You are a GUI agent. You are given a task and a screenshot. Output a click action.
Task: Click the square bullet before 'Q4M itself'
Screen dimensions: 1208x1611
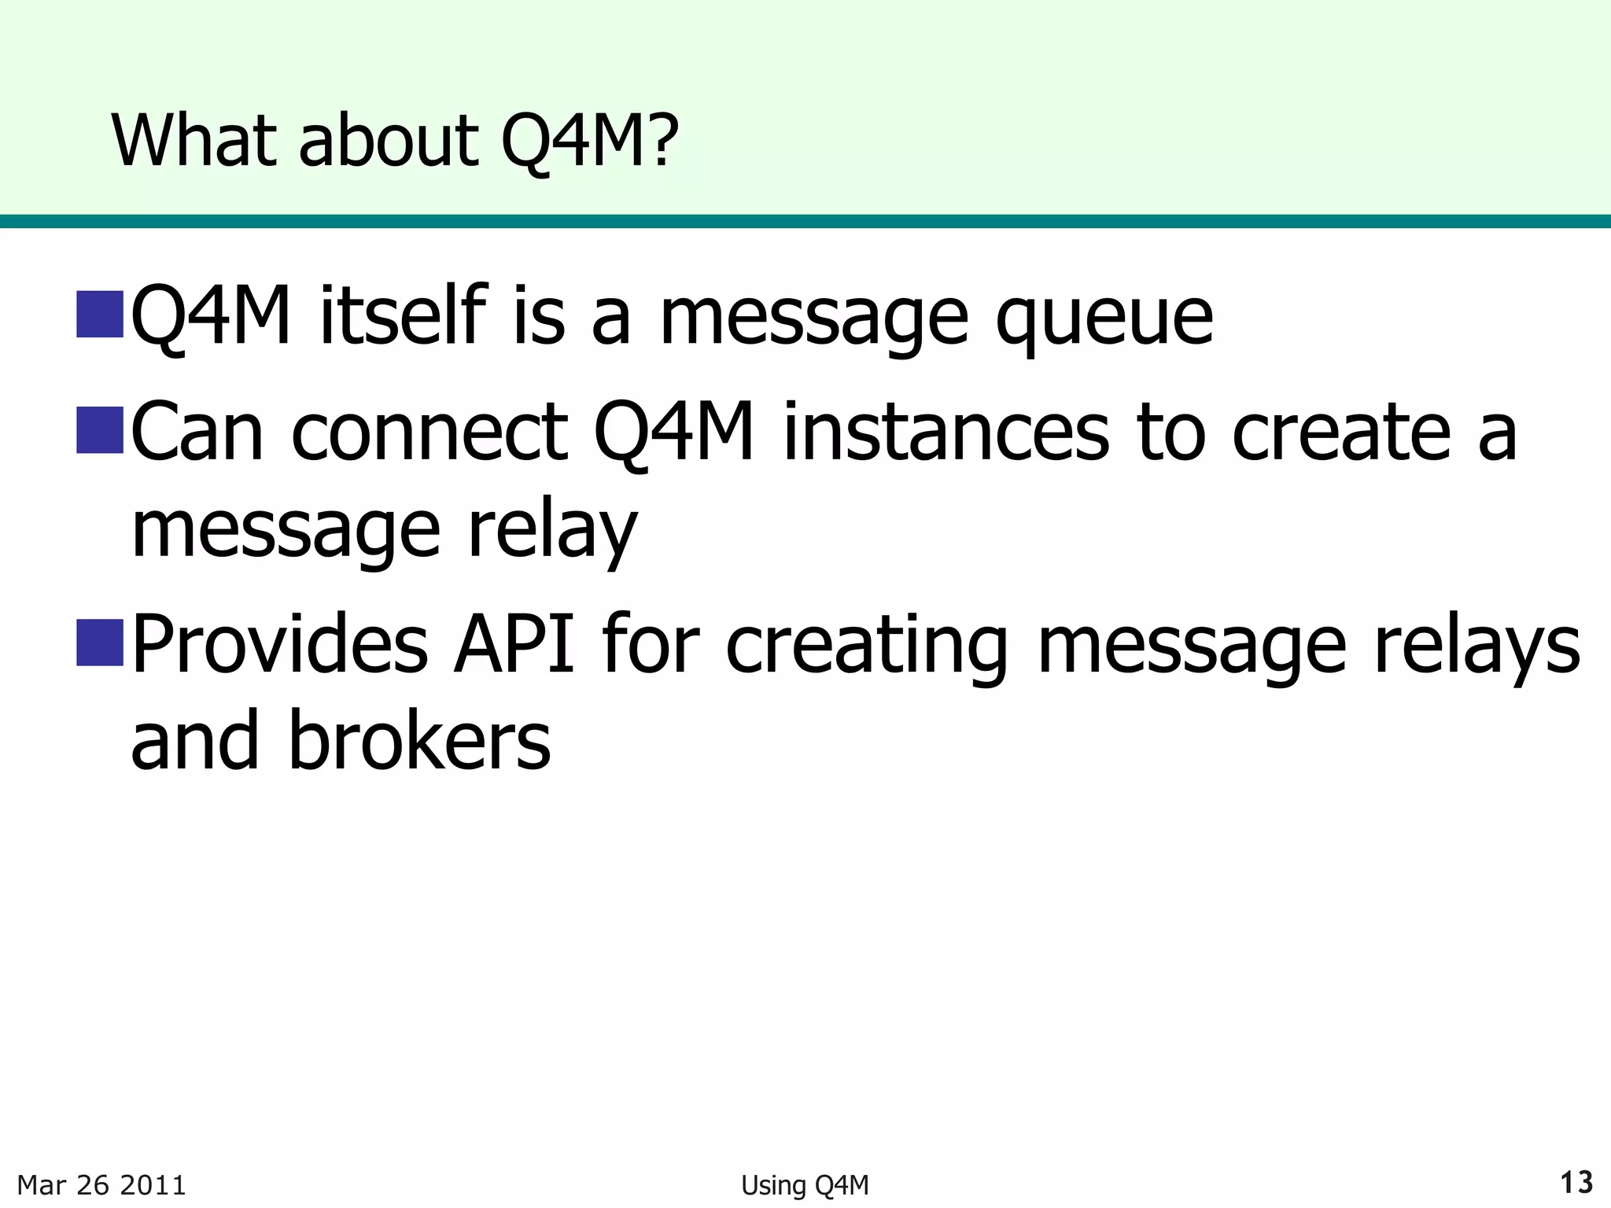100,313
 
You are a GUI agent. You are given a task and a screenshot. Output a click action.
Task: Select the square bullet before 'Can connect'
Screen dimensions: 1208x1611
100,429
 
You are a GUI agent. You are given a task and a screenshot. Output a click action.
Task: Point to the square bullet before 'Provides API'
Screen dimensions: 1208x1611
100,642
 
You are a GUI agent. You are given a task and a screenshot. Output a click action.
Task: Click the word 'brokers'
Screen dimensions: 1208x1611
419,739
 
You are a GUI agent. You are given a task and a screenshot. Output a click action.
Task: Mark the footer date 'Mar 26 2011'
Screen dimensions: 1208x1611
101,1184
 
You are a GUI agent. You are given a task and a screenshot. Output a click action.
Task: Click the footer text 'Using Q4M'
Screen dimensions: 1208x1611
805,1184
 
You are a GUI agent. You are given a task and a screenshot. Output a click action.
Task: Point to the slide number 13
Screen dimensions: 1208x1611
1576,1182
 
